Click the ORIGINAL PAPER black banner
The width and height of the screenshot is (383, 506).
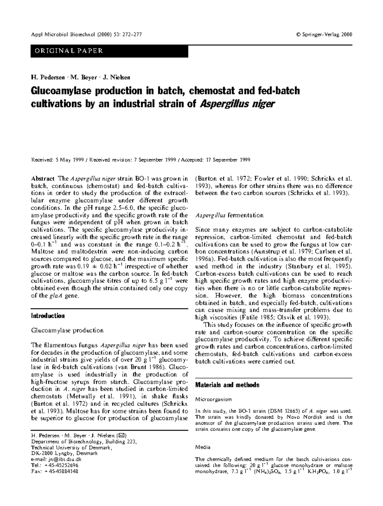109,51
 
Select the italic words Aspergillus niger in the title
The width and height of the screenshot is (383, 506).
237,104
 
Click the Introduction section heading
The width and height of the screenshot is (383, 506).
48,316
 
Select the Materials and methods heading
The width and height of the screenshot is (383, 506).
227,385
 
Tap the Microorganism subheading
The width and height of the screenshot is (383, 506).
213,399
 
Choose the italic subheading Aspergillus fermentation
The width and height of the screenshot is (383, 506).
229,215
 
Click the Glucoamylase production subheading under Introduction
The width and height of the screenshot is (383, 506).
67,330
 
